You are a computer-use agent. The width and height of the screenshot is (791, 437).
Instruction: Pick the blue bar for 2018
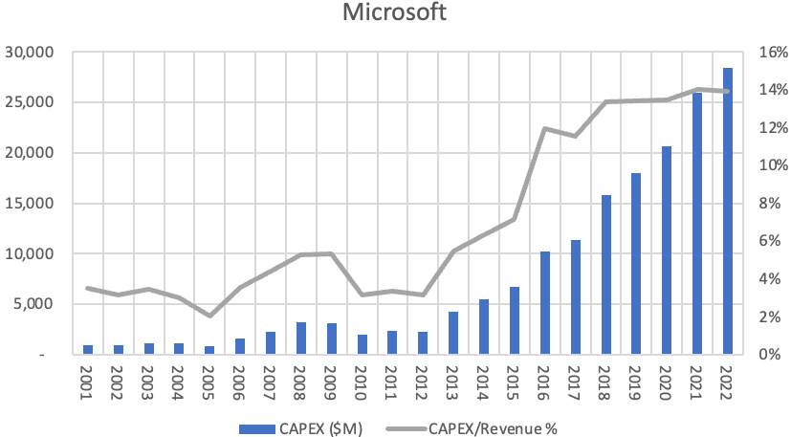coord(605,274)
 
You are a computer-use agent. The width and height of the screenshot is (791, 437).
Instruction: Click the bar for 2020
coord(667,250)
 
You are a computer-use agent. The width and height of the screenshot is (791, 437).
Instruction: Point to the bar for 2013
coord(453,333)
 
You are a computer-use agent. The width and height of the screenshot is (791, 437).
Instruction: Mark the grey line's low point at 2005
coord(210,316)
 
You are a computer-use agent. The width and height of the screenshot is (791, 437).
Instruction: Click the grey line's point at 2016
coord(545,128)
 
